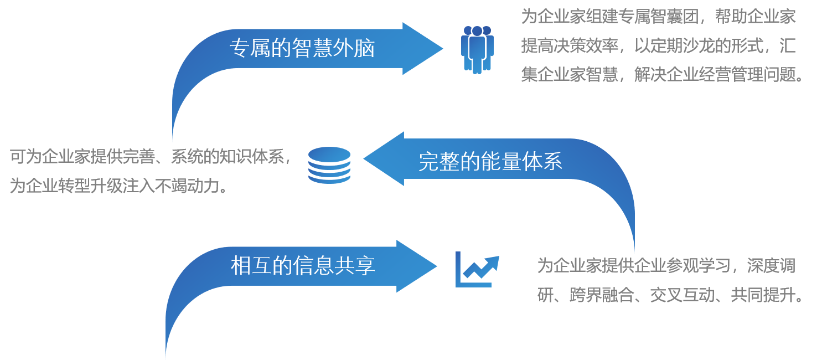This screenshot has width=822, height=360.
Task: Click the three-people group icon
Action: coord(477,49)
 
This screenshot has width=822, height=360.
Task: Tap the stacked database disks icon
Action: coord(329,164)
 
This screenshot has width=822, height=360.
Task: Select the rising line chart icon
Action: coord(477,269)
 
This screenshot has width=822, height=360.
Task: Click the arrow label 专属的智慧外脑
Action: coord(302,49)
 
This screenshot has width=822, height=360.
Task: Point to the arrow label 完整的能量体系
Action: coord(490,161)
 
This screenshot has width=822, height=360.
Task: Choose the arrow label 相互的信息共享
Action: coord(303,266)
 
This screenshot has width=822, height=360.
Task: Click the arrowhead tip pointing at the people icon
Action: coord(441,49)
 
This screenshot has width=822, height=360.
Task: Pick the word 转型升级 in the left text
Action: coord(92,186)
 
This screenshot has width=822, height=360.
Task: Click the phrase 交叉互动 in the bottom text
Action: coord(682,295)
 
